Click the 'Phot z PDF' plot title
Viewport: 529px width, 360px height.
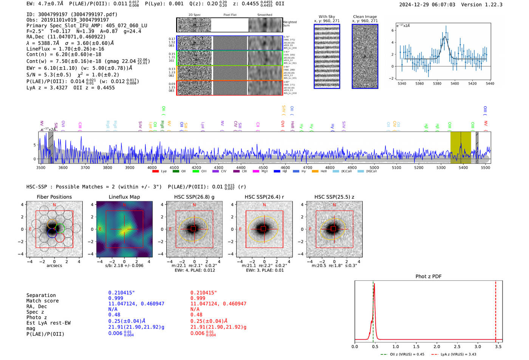(x=428, y=277)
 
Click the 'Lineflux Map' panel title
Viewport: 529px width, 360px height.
(x=124, y=197)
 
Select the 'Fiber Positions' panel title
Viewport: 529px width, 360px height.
(x=54, y=197)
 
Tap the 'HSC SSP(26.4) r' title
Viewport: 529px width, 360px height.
(x=264, y=197)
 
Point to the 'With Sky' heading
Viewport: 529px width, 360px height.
(x=327, y=17)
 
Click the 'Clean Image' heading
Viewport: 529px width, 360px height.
(x=365, y=17)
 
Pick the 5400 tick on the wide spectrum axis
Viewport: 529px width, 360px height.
(x=463, y=167)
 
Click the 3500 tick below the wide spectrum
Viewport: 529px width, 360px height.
(x=41, y=167)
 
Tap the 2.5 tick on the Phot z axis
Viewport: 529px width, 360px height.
(x=457, y=346)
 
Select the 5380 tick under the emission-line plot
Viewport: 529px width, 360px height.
(x=437, y=83)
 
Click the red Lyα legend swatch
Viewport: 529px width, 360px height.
(x=155, y=172)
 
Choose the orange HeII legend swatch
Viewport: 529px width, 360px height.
(x=315, y=172)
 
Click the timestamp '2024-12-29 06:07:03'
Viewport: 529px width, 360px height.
(x=427, y=5)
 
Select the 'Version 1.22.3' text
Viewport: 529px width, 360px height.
(x=482, y=5)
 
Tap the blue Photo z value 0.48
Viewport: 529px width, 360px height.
(x=114, y=315)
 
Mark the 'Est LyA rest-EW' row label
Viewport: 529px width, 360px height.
(x=48, y=323)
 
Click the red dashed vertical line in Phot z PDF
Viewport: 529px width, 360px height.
(x=496, y=310)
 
